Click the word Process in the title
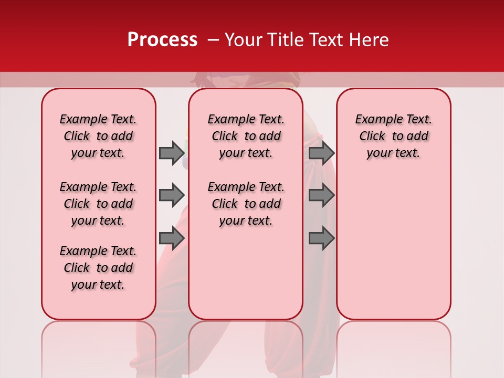click(x=162, y=40)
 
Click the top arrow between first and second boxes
click(x=172, y=153)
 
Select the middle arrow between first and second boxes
click(x=172, y=195)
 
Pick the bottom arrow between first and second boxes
click(x=172, y=238)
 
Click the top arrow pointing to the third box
click(x=321, y=153)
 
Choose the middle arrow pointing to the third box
click(x=321, y=195)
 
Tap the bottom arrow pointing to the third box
click(x=321, y=238)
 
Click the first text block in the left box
click(x=98, y=136)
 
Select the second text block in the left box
click(x=98, y=204)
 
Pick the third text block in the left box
click(x=98, y=268)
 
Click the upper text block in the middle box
click(x=246, y=136)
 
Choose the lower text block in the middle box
click(x=246, y=204)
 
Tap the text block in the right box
click(x=393, y=136)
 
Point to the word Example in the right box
click(x=376, y=120)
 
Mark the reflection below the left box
click(x=98, y=346)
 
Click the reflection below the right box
click(x=393, y=346)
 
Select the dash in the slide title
click(x=213, y=40)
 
